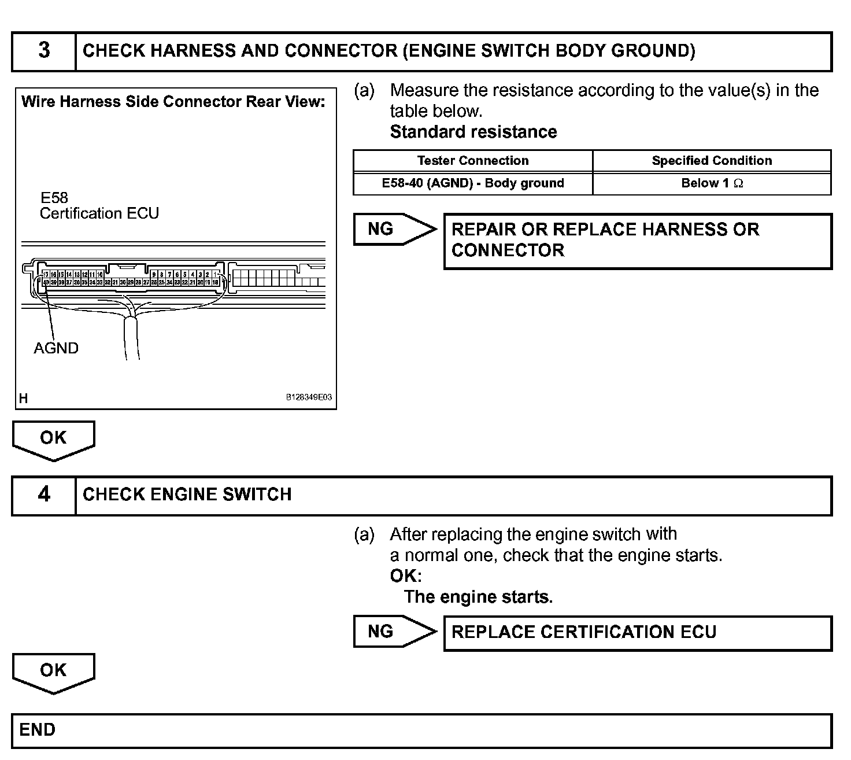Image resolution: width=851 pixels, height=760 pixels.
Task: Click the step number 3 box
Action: [x=44, y=51]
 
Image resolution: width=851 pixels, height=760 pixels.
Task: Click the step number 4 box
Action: [x=44, y=495]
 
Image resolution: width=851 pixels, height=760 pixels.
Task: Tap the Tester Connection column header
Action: [x=473, y=161]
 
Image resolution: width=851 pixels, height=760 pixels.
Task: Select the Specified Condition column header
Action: [x=712, y=161]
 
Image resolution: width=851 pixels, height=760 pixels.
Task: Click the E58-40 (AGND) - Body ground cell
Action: [x=473, y=183]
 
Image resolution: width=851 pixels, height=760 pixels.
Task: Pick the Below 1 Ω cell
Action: [x=712, y=183]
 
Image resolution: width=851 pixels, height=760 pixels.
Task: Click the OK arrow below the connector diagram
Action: [x=53, y=440]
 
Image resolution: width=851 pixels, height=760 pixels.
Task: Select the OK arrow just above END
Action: [x=53, y=672]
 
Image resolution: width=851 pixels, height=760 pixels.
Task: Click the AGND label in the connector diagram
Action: [x=56, y=348]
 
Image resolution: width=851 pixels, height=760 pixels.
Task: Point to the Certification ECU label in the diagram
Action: [x=99, y=213]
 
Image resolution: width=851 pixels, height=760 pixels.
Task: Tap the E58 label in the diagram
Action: [x=54, y=198]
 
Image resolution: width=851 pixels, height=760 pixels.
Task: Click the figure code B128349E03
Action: [x=309, y=398]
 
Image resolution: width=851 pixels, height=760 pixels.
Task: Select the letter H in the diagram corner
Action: [x=24, y=399]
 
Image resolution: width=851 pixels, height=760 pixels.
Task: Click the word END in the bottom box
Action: [x=38, y=730]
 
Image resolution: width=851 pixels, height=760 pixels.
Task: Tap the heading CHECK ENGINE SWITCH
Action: [x=187, y=495]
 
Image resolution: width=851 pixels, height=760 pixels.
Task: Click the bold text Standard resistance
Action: [x=473, y=132]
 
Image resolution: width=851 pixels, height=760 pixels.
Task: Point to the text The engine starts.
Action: [x=479, y=597]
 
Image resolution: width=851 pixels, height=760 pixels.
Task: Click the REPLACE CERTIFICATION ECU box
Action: [x=637, y=633]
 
